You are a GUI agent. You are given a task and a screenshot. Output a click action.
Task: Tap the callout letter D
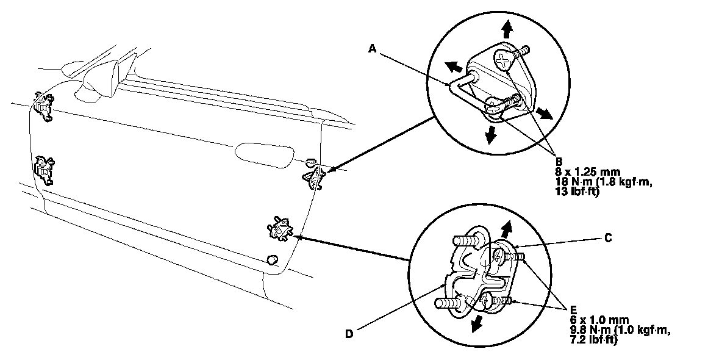pos(348,333)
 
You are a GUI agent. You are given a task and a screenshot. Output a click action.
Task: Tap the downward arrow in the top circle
pos(490,135)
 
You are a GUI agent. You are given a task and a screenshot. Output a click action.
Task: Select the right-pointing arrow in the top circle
pos(544,114)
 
